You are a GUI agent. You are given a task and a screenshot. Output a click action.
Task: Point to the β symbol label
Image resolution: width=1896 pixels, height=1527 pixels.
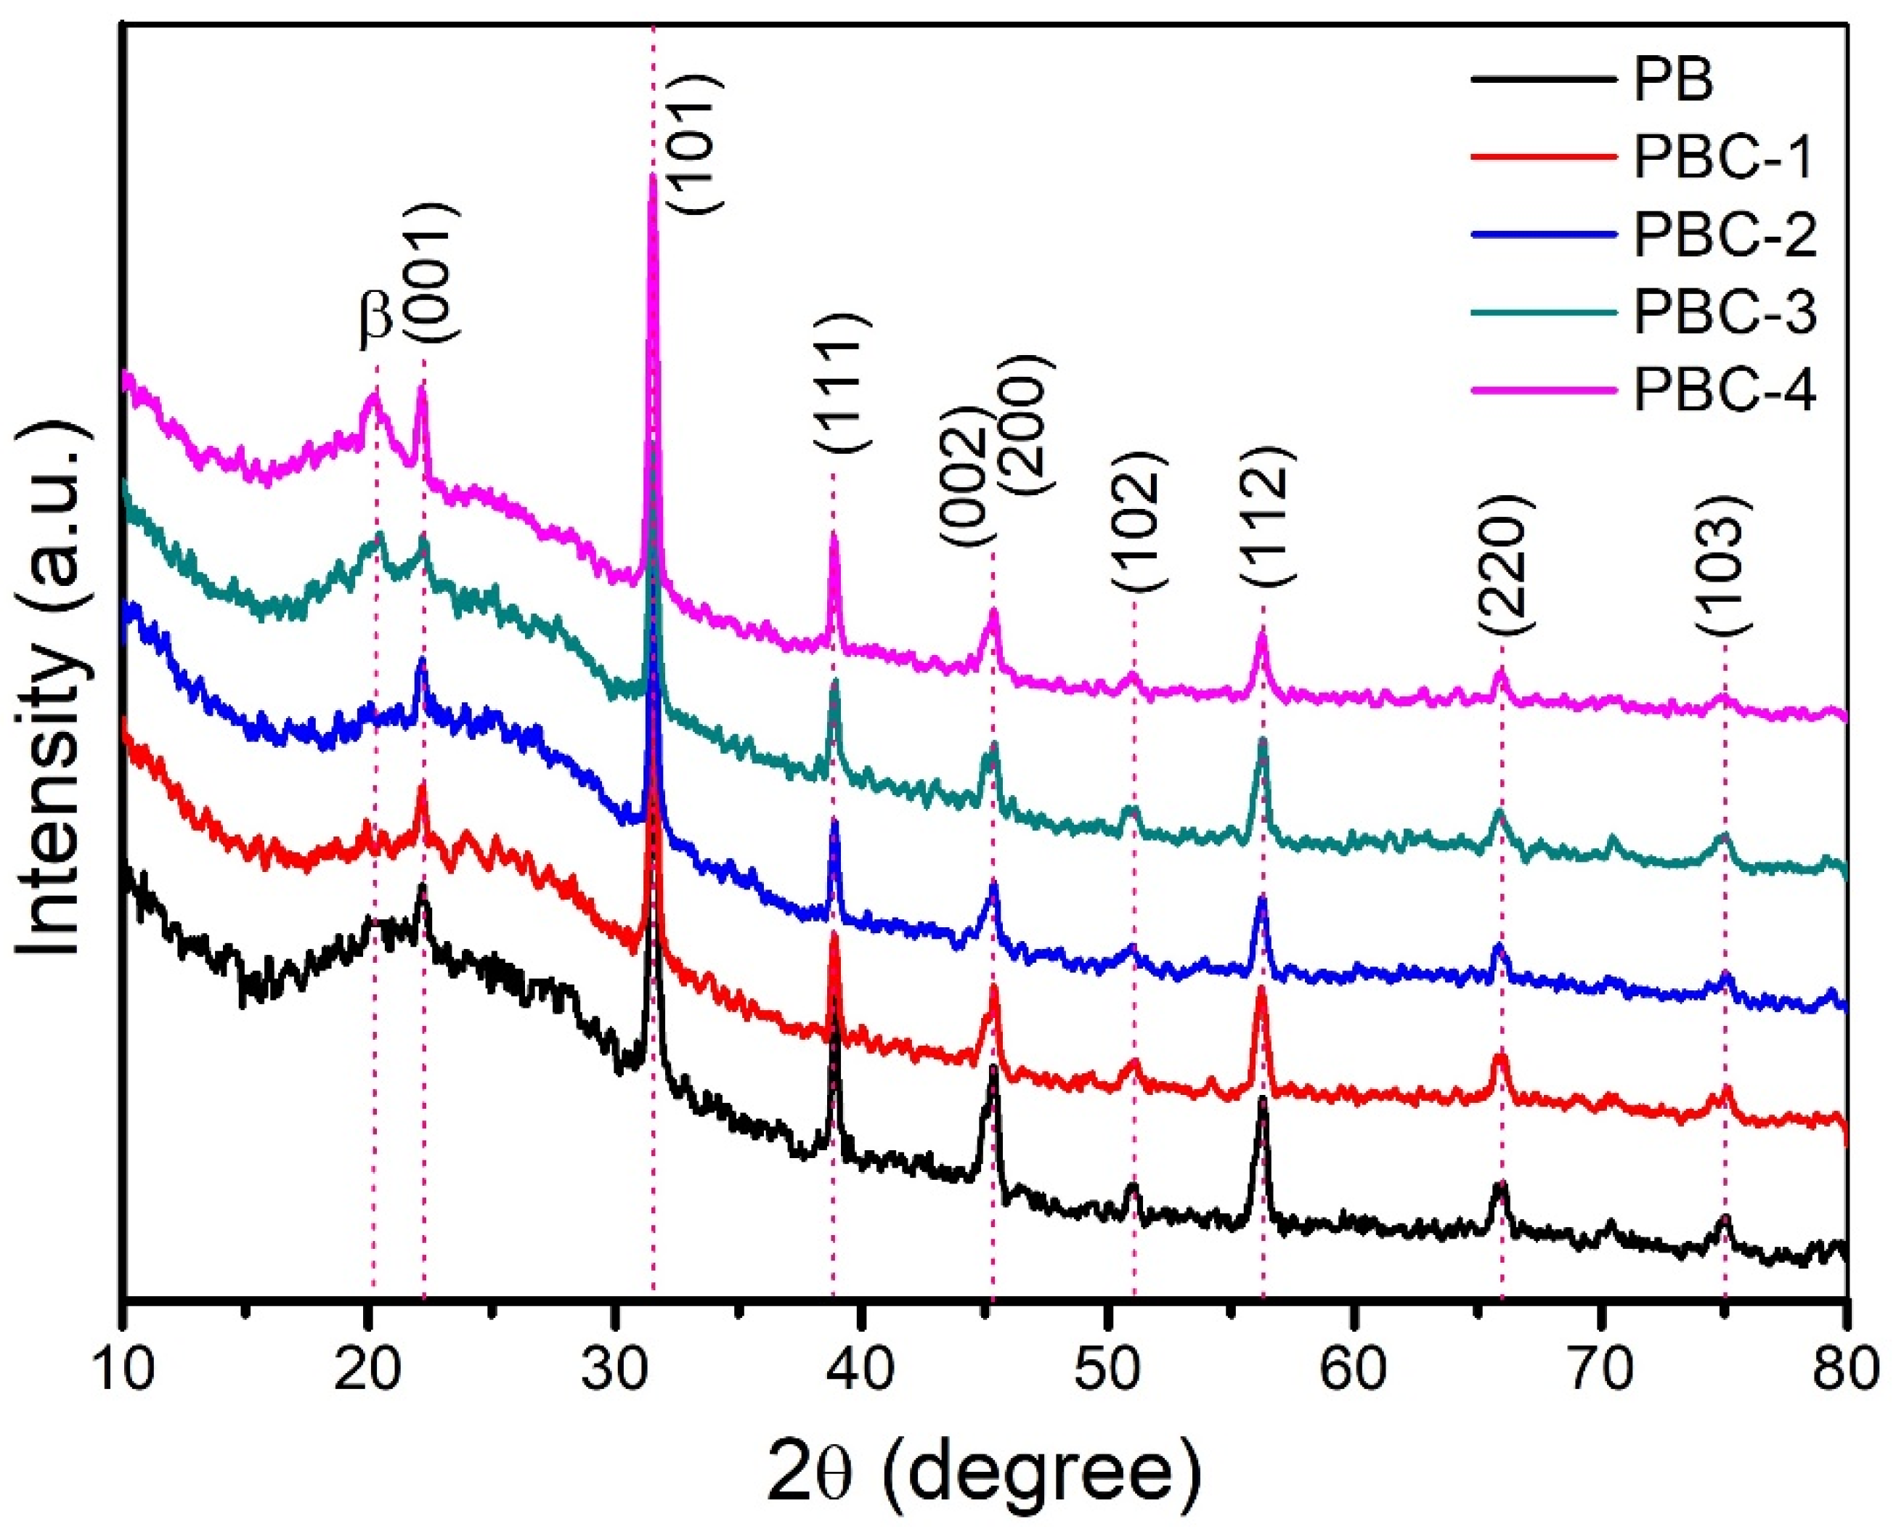(375, 319)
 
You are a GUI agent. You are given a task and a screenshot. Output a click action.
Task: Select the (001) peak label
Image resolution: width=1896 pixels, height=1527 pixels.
(432, 274)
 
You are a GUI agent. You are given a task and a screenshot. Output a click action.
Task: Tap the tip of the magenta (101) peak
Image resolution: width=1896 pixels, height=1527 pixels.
(653, 176)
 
